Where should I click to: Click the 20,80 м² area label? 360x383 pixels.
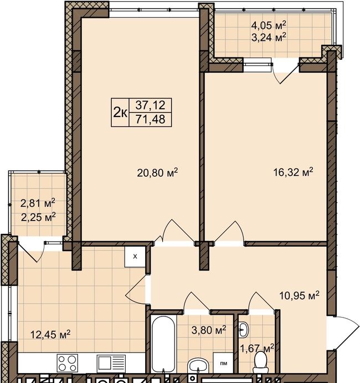(157, 172)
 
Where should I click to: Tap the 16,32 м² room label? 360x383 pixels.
(293, 172)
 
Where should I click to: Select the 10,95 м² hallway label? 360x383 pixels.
(299, 295)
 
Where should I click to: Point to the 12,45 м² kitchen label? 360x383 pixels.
(50, 334)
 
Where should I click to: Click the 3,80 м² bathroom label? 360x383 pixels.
(209, 330)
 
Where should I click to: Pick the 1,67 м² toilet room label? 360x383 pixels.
(257, 348)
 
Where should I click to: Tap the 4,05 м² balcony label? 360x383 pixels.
(269, 25)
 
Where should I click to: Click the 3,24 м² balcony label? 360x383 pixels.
(269, 38)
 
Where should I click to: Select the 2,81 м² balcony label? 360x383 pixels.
(38, 203)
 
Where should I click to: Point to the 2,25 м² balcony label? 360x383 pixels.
(38, 217)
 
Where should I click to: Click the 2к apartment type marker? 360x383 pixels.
(120, 113)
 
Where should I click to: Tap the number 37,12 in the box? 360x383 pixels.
(150, 105)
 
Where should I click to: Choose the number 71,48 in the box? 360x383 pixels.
(150, 119)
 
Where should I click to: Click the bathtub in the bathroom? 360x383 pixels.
(163, 344)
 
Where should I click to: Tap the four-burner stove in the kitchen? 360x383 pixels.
(68, 363)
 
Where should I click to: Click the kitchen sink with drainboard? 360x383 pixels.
(111, 363)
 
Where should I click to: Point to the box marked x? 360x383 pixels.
(135, 257)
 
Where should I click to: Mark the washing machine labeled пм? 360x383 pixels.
(223, 362)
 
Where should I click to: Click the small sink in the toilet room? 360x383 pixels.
(243, 330)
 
